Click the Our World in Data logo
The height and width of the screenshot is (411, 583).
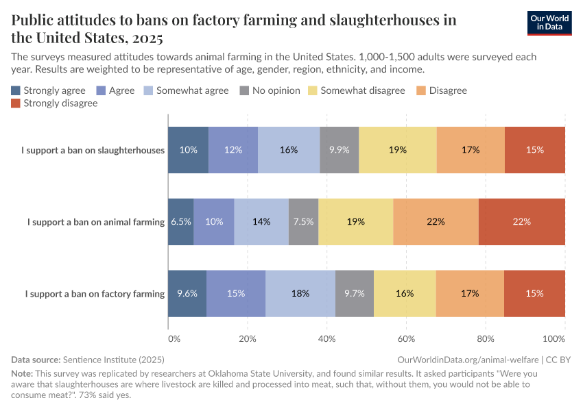(549, 23)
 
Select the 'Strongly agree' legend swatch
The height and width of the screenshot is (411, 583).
(16, 90)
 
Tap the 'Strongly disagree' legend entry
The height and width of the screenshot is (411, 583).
(55, 103)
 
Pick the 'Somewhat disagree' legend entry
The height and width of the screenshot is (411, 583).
(356, 90)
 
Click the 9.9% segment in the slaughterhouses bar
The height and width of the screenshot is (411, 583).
(340, 150)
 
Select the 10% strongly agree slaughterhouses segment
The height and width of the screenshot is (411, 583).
(189, 150)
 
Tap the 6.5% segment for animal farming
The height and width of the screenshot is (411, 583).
(181, 222)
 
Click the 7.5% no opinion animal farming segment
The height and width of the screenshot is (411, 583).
(303, 222)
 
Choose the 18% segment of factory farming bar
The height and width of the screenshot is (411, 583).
(300, 293)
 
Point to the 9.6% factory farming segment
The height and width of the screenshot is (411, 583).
(187, 293)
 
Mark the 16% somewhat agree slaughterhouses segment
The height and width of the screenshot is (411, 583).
(289, 150)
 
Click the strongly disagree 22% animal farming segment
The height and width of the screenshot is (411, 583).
(522, 222)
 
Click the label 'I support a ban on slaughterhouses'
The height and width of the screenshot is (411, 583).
(93, 150)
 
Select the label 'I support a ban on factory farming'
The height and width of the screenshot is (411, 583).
(95, 294)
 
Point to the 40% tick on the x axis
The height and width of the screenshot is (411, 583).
(327, 338)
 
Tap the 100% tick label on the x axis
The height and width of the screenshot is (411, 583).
(553, 338)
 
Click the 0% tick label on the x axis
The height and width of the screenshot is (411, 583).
(174, 338)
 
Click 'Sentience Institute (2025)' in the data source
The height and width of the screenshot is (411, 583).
(113, 359)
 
